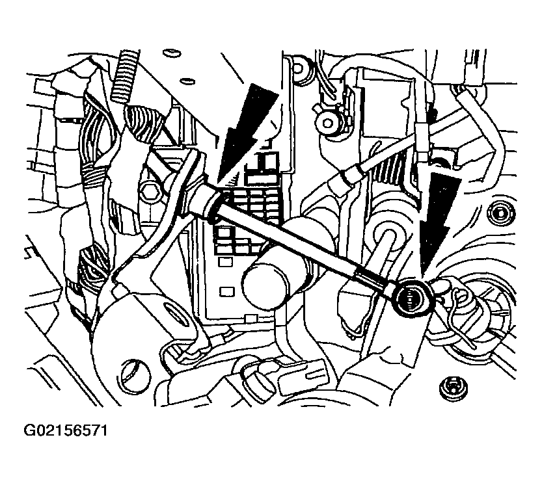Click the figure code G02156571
click(x=66, y=431)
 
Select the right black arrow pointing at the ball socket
click(x=439, y=221)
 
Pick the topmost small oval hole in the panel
click(x=171, y=53)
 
